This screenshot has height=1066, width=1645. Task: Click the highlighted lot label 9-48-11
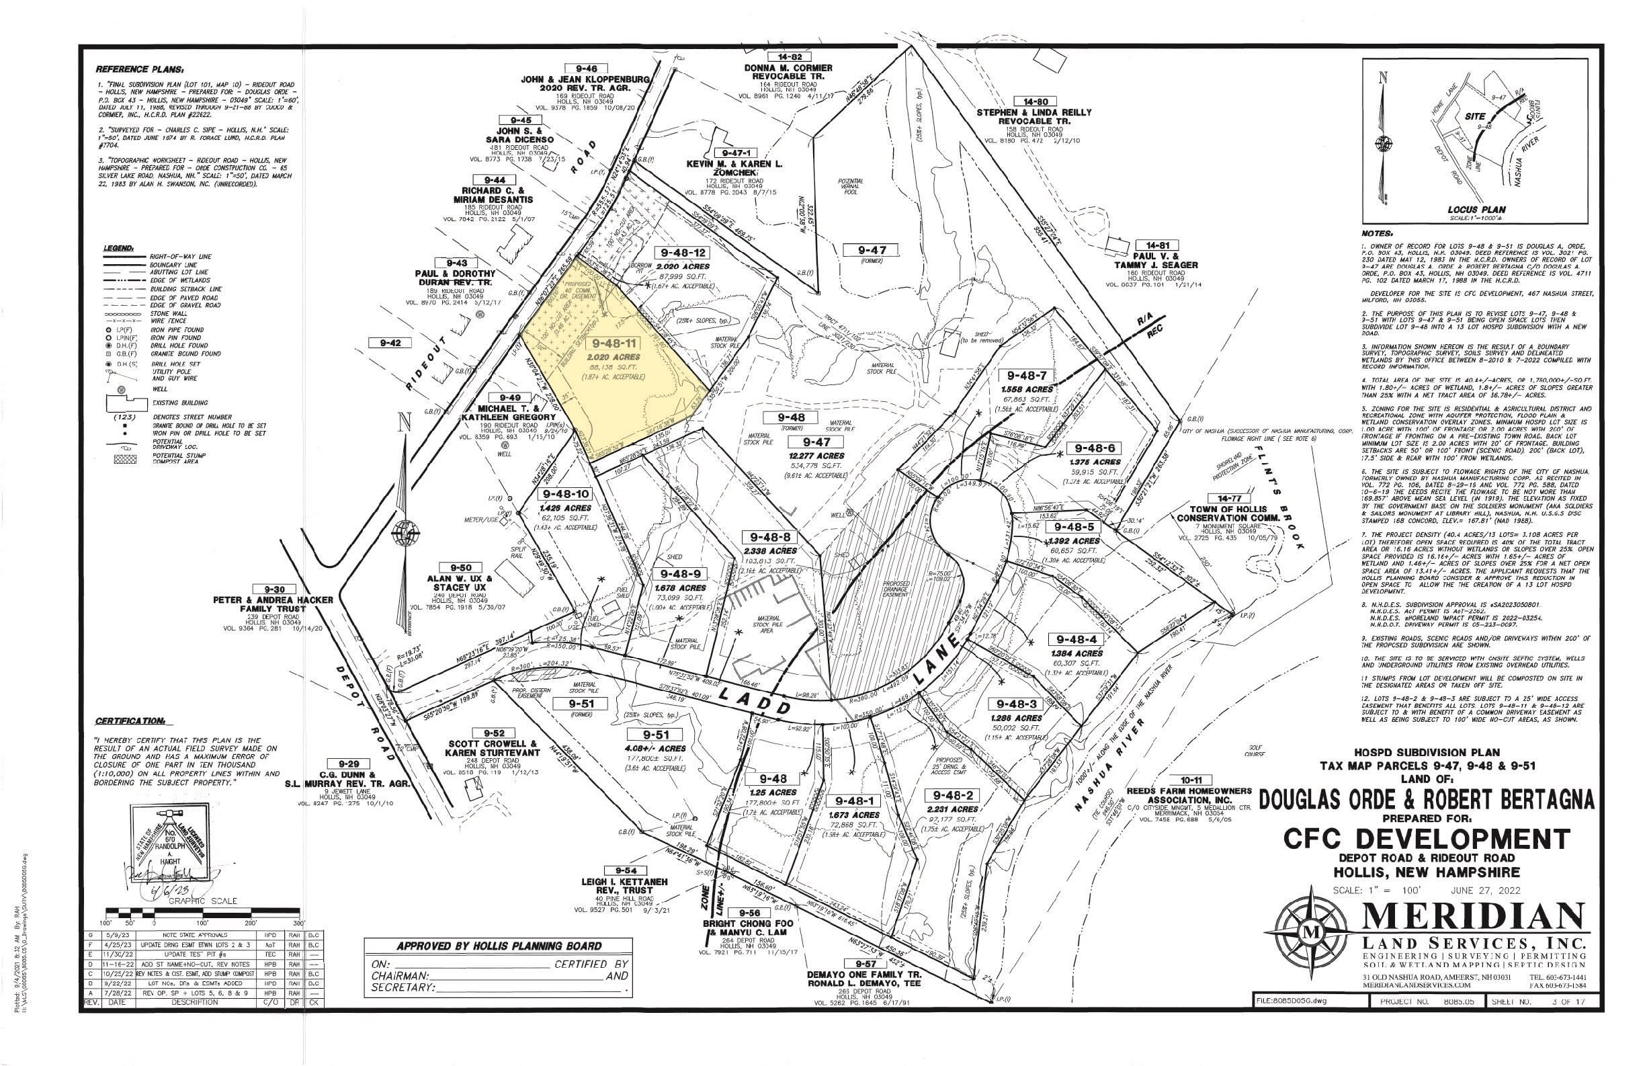pyautogui.click(x=613, y=343)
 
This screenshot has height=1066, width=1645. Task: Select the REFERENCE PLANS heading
pyautogui.click(x=140, y=70)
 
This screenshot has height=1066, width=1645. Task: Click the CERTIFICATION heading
pyautogui.click(x=130, y=722)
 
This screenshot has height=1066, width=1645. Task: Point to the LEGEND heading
pyautogui.click(x=119, y=247)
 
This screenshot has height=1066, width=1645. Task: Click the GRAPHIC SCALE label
pyautogui.click(x=197, y=901)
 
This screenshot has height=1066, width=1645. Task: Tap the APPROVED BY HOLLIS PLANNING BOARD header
pyautogui.click(x=499, y=946)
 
